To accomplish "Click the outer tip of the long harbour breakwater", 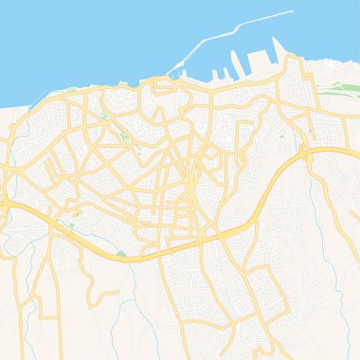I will tap(292, 11).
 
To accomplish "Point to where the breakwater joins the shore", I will tap(169, 75).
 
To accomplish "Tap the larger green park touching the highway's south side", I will tap(120, 254).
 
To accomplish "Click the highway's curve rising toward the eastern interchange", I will tap(270, 185).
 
